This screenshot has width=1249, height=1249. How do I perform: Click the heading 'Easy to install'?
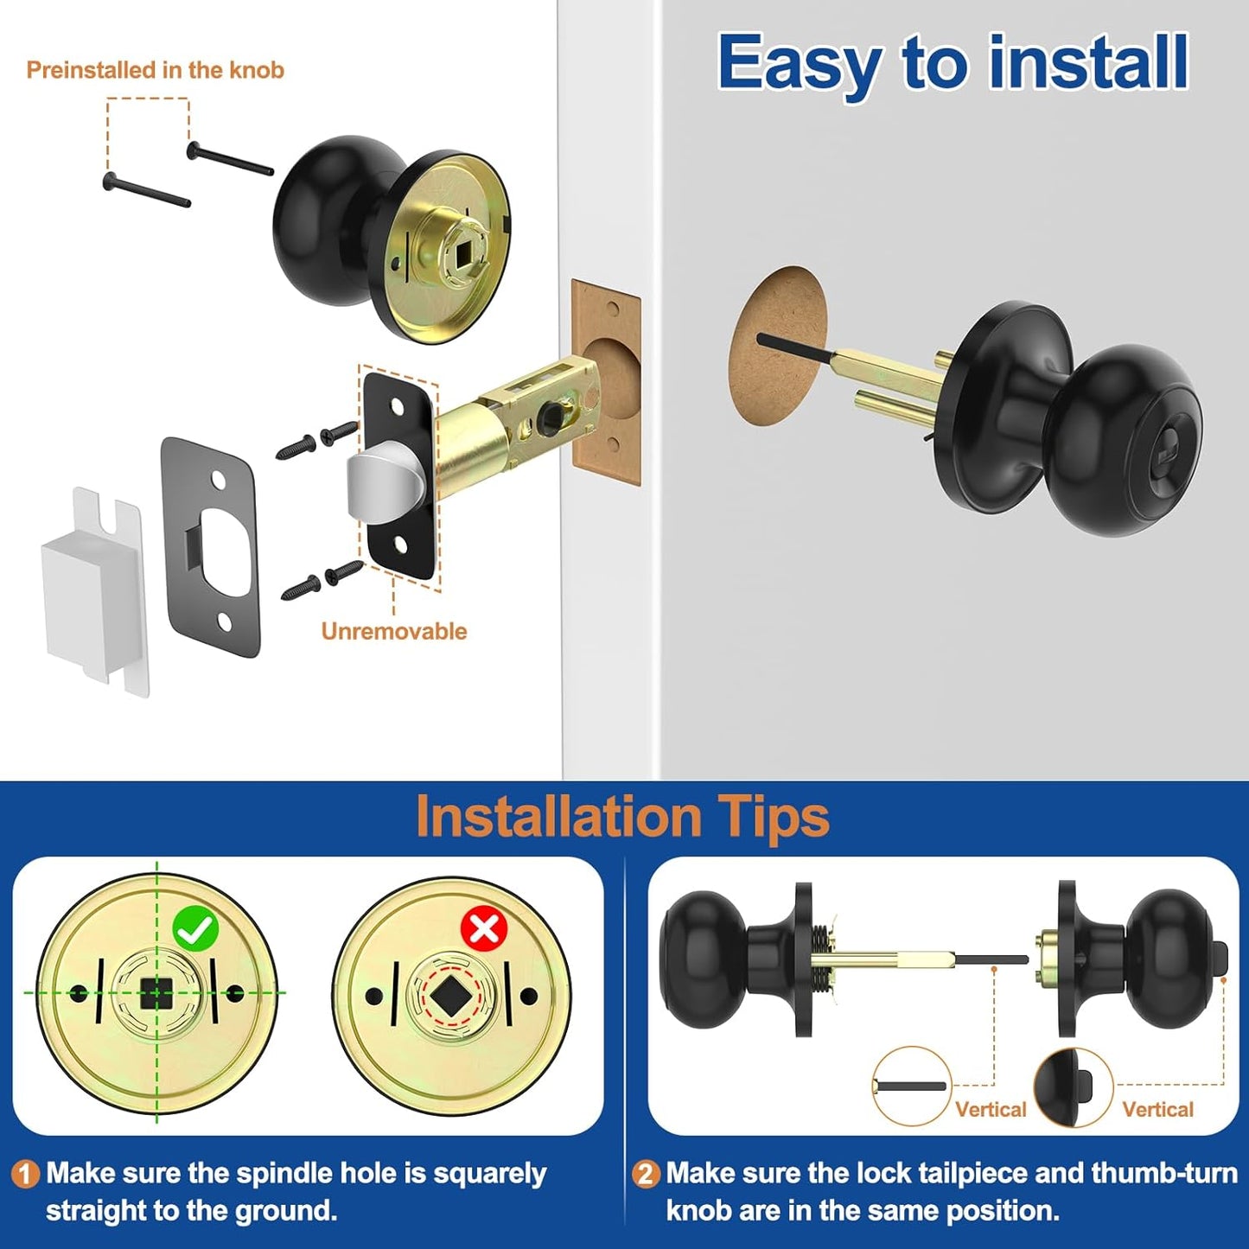click(x=953, y=62)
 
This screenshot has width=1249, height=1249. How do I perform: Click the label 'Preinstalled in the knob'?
click(x=155, y=70)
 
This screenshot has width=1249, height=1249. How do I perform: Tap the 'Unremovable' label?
click(x=393, y=631)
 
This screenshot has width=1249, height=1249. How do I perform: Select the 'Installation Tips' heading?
click(x=622, y=817)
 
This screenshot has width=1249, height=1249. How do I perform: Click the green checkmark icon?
click(x=195, y=928)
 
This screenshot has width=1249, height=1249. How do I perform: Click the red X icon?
click(x=484, y=929)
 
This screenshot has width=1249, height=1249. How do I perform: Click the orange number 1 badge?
click(x=25, y=1174)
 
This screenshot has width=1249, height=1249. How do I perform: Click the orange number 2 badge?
click(x=645, y=1174)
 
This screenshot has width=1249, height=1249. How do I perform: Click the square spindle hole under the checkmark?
click(x=156, y=994)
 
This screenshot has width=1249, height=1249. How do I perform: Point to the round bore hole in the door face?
click(x=778, y=344)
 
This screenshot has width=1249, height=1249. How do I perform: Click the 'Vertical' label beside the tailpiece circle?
click(x=991, y=1109)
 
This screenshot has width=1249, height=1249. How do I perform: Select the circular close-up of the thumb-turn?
click(x=1073, y=1087)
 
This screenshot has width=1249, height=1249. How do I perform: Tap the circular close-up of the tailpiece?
click(x=911, y=1086)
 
